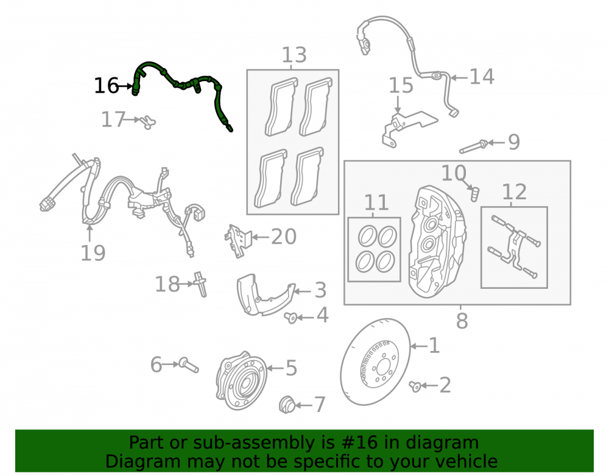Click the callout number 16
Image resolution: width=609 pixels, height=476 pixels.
click(106, 85)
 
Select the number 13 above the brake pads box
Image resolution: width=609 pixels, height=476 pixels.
click(294, 55)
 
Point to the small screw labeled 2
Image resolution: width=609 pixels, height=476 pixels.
click(415, 386)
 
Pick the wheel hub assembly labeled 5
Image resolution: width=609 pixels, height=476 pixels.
click(241, 381)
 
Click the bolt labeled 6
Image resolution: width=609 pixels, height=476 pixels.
click(189, 365)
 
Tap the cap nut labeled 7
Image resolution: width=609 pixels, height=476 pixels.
click(287, 405)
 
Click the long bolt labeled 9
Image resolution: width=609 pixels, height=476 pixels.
click(474, 147)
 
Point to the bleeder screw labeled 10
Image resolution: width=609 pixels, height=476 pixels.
click(475, 194)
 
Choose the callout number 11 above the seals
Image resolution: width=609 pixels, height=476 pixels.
click(376, 202)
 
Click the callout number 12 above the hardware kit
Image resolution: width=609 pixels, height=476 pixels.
click(514, 192)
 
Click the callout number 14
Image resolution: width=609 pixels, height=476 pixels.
click(482, 77)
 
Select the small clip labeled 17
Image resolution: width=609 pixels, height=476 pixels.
click(148, 122)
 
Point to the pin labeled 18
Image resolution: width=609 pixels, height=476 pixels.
click(201, 284)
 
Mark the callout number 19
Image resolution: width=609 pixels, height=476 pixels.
click(93, 254)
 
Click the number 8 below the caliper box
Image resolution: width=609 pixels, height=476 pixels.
click(462, 321)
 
